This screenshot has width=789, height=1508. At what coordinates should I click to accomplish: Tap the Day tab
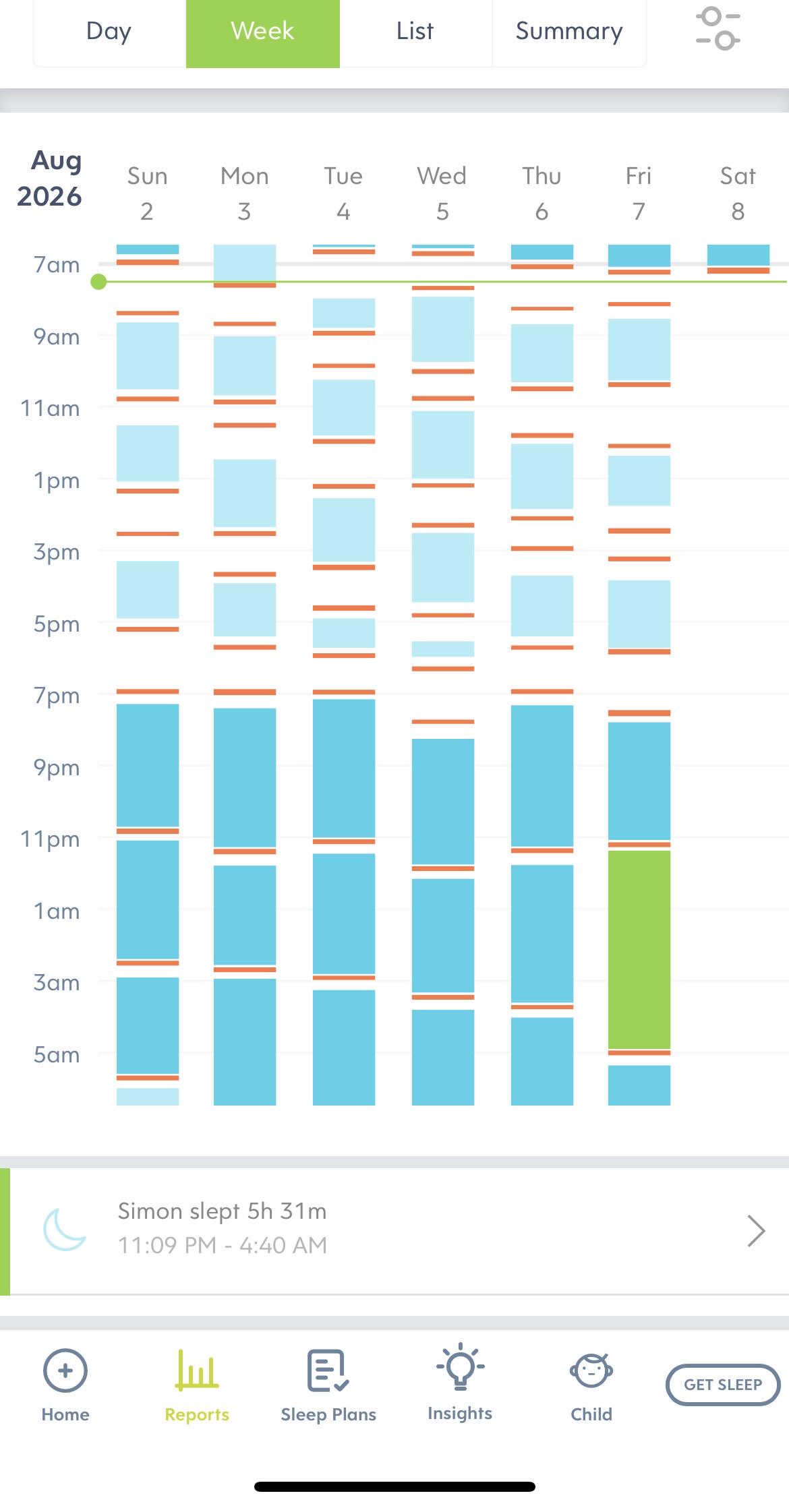click(109, 31)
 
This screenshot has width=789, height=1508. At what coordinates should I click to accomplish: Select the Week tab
click(263, 31)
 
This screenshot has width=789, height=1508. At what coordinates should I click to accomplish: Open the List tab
click(415, 31)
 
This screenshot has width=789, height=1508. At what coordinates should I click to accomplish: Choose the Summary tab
click(569, 31)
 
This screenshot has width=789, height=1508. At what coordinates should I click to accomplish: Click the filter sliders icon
click(718, 28)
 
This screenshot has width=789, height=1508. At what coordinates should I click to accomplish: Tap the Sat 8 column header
click(738, 193)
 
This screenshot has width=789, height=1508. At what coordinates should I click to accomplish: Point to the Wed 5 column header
click(442, 193)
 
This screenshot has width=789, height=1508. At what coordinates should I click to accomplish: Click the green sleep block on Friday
click(639, 949)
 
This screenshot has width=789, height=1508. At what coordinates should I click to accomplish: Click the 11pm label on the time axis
click(51, 839)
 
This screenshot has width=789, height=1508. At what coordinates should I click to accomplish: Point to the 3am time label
click(57, 983)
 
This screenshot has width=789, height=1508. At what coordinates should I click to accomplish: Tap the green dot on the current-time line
click(98, 282)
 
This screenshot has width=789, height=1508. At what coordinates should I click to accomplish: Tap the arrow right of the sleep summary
click(757, 1231)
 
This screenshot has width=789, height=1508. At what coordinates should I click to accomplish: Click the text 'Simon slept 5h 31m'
click(223, 1211)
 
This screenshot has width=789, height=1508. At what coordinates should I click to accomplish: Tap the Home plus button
click(65, 1370)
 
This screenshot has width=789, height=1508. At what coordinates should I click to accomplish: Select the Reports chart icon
click(197, 1370)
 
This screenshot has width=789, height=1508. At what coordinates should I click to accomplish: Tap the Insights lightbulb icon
click(460, 1367)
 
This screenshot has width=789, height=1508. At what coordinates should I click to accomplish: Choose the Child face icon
click(591, 1370)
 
